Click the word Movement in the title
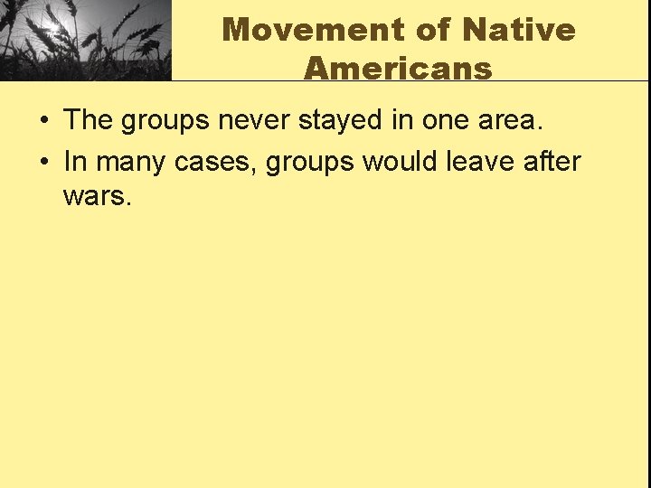coord(314,29)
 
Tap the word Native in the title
coord(518,29)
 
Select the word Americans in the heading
coord(398,68)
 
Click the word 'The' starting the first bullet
coord(88,120)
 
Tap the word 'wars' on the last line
coord(96,195)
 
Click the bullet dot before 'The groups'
coord(43,121)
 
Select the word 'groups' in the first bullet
coord(167,120)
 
